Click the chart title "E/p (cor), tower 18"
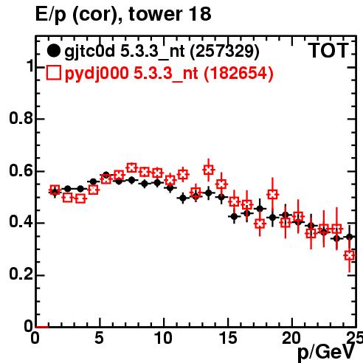coord(123,15)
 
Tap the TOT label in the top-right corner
coord(328,51)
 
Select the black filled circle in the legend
coord(53,51)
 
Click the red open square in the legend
coord(53,73)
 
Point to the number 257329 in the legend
coord(225,51)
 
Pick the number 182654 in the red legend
coord(238,73)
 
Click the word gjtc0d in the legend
coord(90,52)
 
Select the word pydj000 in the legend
coord(97,74)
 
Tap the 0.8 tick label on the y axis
coord(21,118)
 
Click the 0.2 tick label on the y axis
coord(21,274)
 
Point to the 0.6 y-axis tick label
coord(21,170)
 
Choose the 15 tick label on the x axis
coord(229,338)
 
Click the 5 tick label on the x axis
coord(99,338)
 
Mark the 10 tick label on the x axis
coord(164,338)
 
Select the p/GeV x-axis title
coord(326,352)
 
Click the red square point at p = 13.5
coord(209,170)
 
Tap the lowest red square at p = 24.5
coord(350,256)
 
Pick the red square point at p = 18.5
coord(272,195)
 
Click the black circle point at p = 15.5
coord(234,217)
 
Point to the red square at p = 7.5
coord(131,168)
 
